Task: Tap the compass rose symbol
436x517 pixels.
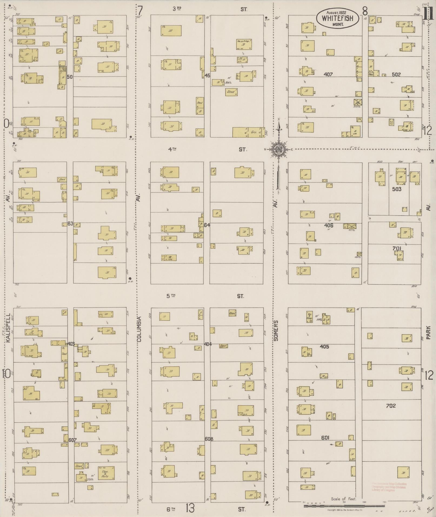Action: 278,149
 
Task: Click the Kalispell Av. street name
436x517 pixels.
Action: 8,328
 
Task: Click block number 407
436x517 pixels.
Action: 328,74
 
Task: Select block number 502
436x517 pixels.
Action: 396,74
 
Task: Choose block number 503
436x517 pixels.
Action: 397,189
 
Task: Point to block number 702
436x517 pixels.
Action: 391,405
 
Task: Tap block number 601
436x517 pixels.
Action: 325,438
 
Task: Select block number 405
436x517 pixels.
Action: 324,347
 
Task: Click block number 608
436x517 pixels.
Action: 209,439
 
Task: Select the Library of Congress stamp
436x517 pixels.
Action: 389,487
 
